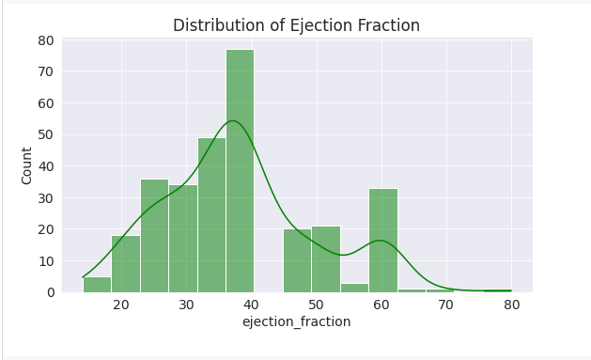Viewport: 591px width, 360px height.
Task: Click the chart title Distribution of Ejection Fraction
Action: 296,26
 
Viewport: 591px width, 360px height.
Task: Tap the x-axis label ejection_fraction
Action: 296,321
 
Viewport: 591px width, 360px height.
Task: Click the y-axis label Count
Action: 27,165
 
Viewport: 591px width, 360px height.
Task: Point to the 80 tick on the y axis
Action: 45,40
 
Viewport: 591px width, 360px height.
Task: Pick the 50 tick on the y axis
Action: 45,134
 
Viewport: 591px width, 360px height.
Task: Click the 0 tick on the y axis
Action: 49,292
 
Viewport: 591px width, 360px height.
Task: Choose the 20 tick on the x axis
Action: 121,305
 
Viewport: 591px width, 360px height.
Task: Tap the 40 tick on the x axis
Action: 251,305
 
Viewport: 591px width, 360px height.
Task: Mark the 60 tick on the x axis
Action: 381,305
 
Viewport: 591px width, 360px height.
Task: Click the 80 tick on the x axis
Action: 511,305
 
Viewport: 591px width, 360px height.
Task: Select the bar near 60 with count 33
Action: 382,241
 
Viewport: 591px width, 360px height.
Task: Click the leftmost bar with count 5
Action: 97,285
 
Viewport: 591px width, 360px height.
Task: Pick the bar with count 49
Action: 211,215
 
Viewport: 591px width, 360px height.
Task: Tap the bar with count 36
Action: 154,236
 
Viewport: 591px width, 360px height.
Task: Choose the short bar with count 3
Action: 354,288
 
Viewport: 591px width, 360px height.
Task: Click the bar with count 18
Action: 125,264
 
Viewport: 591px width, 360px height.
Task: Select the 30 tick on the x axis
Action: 186,305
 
